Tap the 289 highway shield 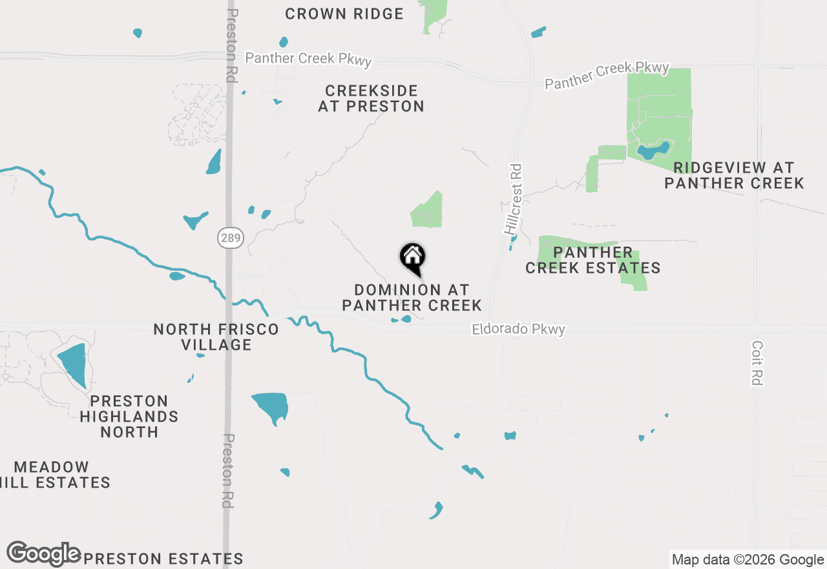tap(230, 239)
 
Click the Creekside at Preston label tap(372, 98)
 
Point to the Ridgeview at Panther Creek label tap(734, 175)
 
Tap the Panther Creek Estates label tap(592, 260)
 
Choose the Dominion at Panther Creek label tap(412, 297)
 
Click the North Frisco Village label tap(216, 337)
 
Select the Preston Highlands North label tap(129, 416)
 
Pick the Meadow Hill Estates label tap(56, 475)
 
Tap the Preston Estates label tap(163, 559)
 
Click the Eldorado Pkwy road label tap(518, 329)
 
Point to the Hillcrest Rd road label tap(514, 199)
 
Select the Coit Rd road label tap(757, 363)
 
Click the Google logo tap(43, 554)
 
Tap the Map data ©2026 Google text tap(748, 560)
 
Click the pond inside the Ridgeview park tap(654, 151)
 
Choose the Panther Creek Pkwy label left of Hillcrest tap(309, 59)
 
